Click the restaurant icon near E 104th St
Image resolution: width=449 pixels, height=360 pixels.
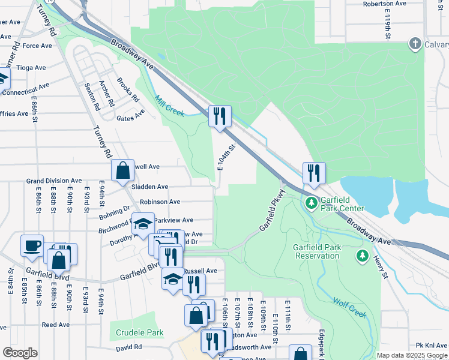pos(220,116)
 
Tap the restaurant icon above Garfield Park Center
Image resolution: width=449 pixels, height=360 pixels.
pos(313,173)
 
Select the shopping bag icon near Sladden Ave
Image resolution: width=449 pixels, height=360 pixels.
pos(123,170)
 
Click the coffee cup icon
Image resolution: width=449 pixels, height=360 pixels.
pos(32,245)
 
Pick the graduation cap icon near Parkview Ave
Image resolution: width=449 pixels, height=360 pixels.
pos(143,224)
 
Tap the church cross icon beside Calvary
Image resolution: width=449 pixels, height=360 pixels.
pos(414,44)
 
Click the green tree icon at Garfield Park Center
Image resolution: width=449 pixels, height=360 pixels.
pos(312,203)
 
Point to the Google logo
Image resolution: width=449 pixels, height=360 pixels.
pos(20,353)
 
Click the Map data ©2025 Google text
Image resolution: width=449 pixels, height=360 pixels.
pos(411,355)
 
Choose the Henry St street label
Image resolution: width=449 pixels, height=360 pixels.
pos(381,266)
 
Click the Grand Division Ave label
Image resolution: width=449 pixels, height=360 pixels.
pos(53,181)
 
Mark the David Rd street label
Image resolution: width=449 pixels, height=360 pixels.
pos(128,347)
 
